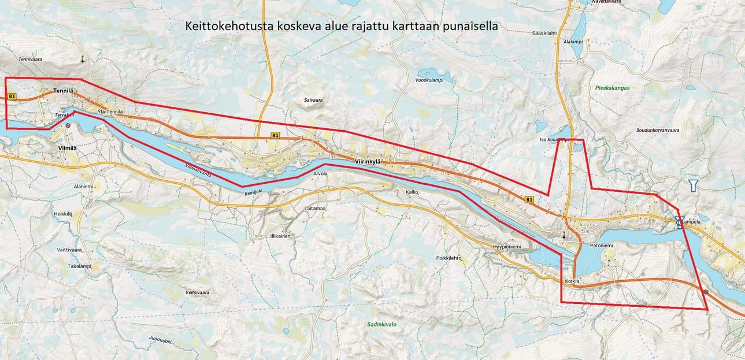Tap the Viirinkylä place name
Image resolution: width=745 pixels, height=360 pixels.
point(369,162)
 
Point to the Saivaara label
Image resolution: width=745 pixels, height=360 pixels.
point(313,100)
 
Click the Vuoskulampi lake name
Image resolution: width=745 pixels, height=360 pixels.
point(429,80)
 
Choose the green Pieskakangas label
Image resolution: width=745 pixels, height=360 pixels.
point(612,88)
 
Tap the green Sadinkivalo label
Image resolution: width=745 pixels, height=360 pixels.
point(381,325)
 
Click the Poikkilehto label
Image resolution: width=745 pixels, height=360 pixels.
point(449,258)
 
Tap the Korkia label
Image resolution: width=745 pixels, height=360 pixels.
point(572,281)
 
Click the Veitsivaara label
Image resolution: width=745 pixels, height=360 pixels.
point(197,293)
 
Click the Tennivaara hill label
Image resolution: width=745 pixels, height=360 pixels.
point(31,60)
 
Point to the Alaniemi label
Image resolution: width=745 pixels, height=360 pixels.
point(83,187)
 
